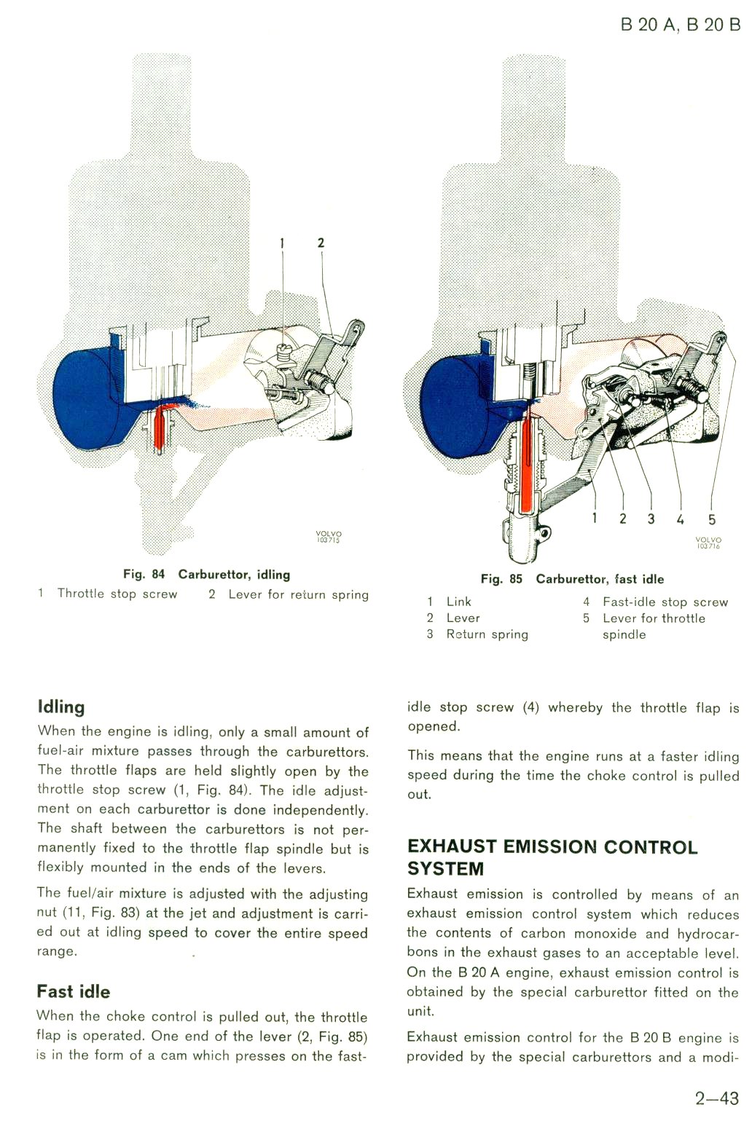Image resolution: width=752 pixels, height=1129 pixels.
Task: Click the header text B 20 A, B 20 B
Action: [x=680, y=25]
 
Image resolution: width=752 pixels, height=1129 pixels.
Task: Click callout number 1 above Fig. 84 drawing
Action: [x=283, y=243]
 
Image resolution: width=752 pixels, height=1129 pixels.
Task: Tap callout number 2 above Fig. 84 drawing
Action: [x=321, y=243]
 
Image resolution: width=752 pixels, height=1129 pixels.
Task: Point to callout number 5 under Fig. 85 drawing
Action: [x=711, y=519]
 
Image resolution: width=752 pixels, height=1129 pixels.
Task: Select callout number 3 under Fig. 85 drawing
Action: [x=651, y=519]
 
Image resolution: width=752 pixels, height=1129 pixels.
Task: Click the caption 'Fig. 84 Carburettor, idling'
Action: [x=206, y=575]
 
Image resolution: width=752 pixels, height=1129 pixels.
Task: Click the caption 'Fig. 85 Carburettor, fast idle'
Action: [x=572, y=580]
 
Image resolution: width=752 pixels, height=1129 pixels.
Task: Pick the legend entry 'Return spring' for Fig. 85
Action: [x=487, y=634]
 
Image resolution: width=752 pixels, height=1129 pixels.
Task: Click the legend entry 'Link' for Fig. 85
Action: [x=458, y=602]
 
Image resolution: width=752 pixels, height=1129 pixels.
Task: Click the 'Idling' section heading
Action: [x=61, y=707]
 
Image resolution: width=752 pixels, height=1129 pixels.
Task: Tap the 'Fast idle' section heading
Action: [x=74, y=991]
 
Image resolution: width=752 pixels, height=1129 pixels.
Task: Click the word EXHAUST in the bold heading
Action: [x=453, y=847]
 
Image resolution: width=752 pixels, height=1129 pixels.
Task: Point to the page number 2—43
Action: [x=716, y=1098]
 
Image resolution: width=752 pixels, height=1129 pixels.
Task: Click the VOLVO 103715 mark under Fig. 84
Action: [x=329, y=537]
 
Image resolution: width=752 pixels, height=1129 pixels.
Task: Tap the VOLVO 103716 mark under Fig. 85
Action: [x=708, y=543]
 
